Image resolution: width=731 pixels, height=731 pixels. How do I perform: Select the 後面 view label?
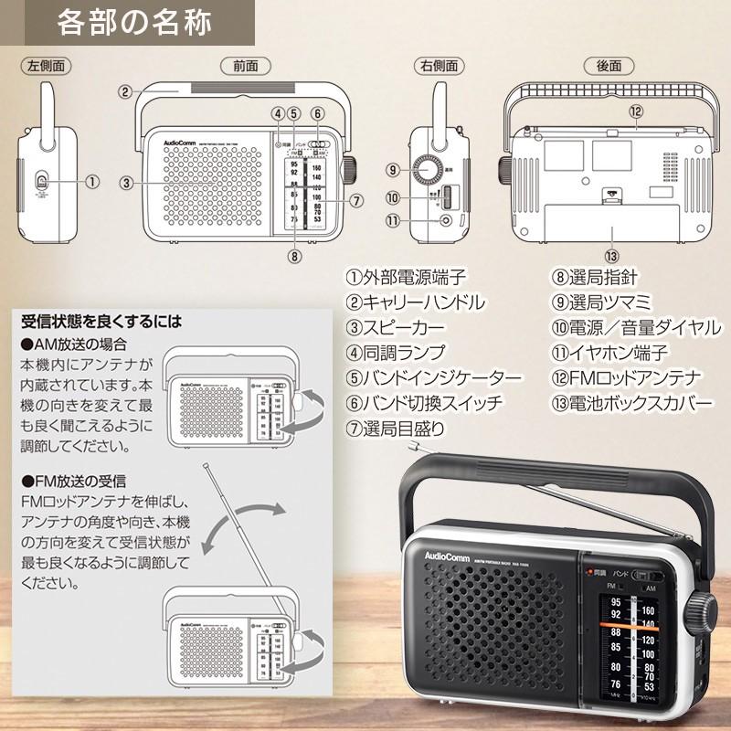[x=609, y=66]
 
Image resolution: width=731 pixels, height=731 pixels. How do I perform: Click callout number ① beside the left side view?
[x=91, y=182]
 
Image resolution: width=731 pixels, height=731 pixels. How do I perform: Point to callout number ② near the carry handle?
[x=125, y=90]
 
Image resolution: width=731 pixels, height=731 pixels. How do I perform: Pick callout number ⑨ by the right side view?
[x=392, y=170]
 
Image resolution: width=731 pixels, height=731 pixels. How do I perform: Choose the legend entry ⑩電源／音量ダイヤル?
[x=635, y=327]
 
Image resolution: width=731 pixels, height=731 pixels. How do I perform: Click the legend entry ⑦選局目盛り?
[x=395, y=427]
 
